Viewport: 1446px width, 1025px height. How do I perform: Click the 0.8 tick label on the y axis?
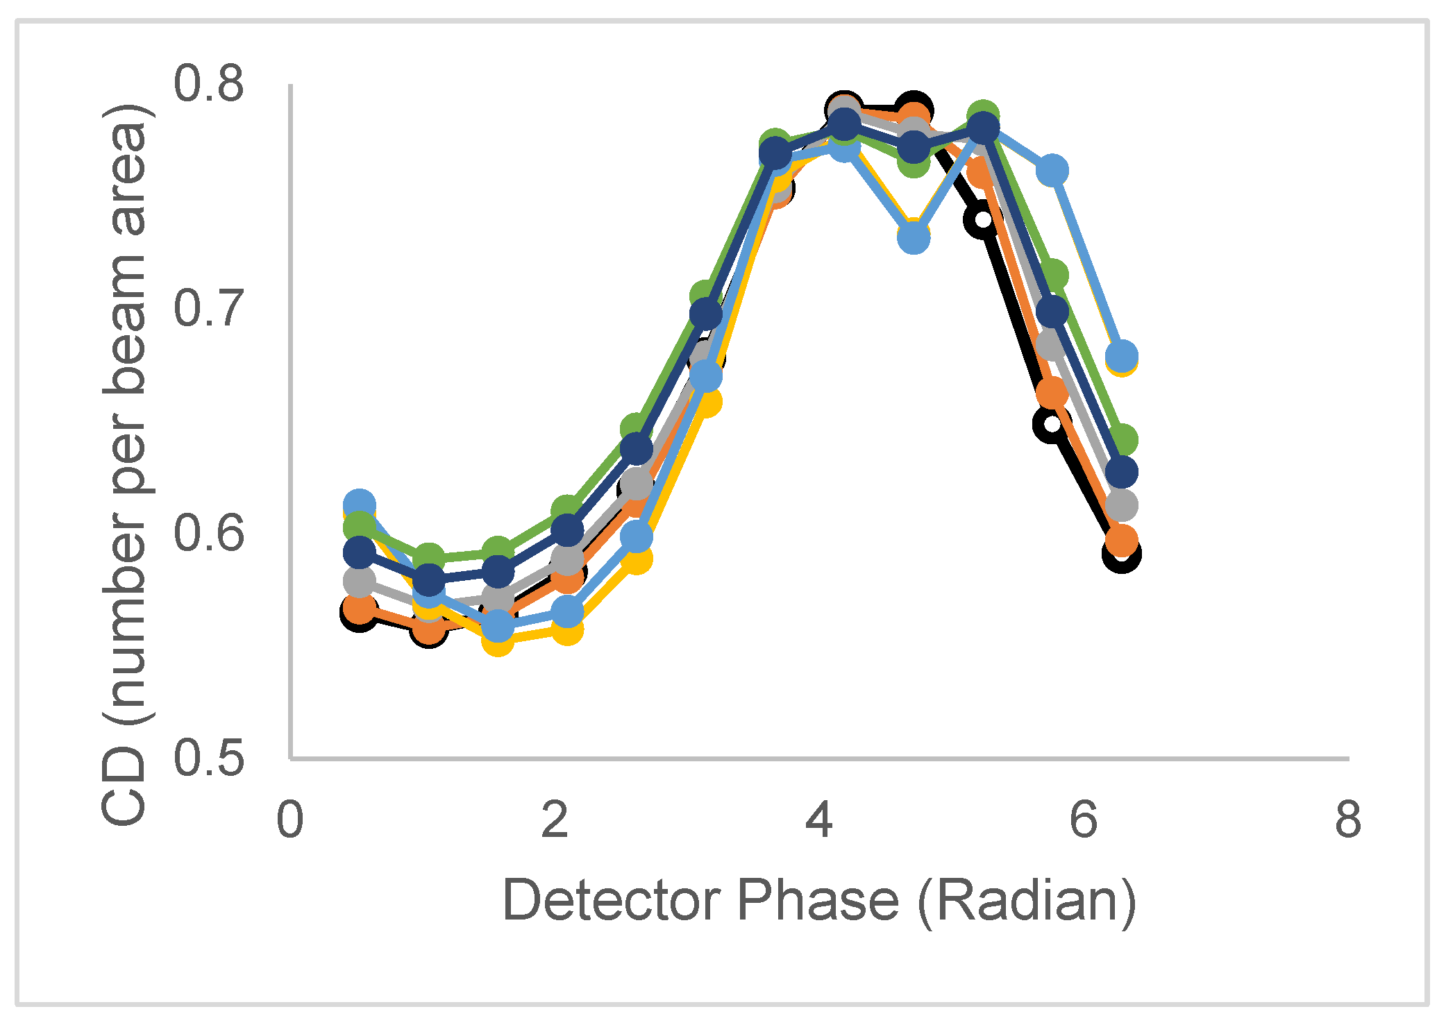click(x=209, y=84)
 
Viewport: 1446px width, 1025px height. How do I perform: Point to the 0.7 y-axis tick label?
click(x=209, y=308)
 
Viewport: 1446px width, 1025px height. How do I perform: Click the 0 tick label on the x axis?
click(x=289, y=820)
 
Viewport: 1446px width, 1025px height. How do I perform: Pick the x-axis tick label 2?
click(x=555, y=820)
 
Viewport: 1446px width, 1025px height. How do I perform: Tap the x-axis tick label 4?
click(x=819, y=820)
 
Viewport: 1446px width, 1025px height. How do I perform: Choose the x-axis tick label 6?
click(x=1084, y=820)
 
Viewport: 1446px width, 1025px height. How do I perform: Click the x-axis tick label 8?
click(x=1348, y=820)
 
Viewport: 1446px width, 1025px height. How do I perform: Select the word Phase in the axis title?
click(x=818, y=901)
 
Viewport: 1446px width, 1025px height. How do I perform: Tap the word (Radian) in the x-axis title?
click(x=1027, y=901)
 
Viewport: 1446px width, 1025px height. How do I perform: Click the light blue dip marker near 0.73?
click(x=914, y=238)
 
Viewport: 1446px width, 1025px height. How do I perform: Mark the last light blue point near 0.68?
click(x=1121, y=356)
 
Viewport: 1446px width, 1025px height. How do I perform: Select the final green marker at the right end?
click(x=1121, y=440)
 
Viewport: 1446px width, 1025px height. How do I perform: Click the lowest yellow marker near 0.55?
click(x=498, y=641)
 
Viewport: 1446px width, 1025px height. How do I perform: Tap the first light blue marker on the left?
click(x=359, y=504)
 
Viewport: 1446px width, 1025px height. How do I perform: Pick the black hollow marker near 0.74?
click(x=982, y=220)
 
